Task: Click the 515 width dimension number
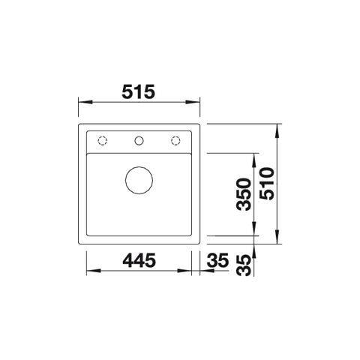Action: tap(139, 91)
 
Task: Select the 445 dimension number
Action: tap(139, 260)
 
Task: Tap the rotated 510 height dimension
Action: tap(267, 184)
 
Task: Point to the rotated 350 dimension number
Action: tap(244, 194)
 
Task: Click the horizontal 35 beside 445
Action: tap(217, 260)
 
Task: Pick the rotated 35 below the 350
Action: tap(244, 265)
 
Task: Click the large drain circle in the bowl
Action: tap(139, 180)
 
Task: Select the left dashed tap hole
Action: tap(102, 141)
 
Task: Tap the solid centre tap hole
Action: tap(139, 141)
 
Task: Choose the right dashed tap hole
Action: tap(175, 141)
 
